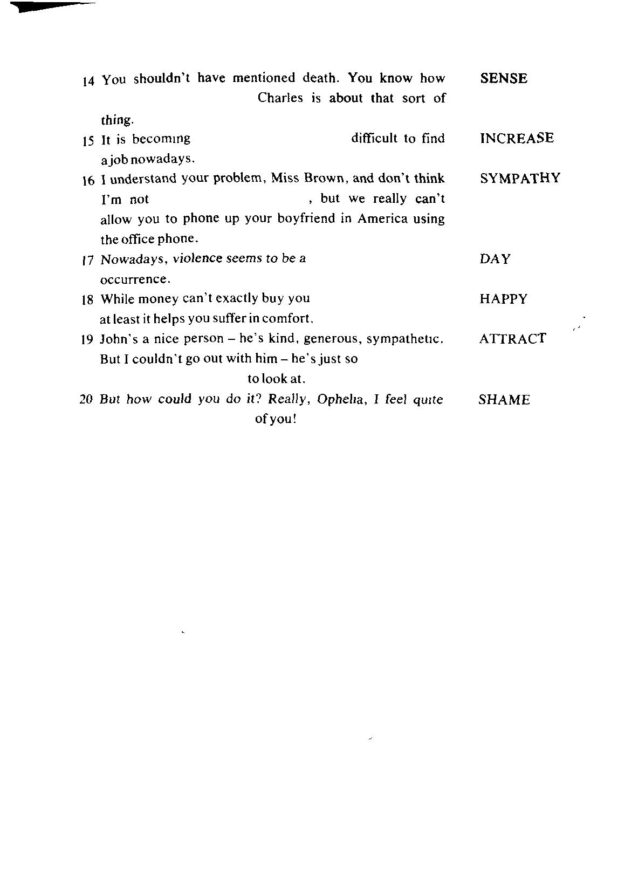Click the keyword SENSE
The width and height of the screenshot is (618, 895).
pyautogui.click(x=503, y=79)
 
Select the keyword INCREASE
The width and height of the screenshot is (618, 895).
pyautogui.click(x=516, y=138)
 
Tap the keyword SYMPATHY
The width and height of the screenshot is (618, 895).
pyautogui.click(x=520, y=179)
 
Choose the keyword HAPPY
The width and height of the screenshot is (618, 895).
pyautogui.click(x=503, y=299)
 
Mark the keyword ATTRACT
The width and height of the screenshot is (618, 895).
pyautogui.click(x=512, y=339)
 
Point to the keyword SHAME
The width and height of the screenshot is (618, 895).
pyautogui.click(x=504, y=400)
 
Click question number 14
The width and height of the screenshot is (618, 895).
pyautogui.click(x=88, y=81)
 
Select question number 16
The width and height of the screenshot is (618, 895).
pyautogui.click(x=88, y=181)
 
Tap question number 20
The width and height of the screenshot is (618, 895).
pyautogui.click(x=86, y=400)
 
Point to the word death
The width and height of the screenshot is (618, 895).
pyautogui.click(x=320, y=78)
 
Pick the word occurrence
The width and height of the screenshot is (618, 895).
pyautogui.click(x=135, y=279)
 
